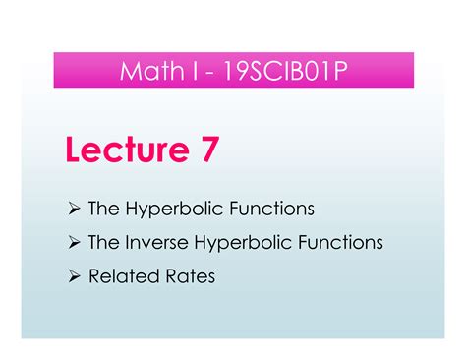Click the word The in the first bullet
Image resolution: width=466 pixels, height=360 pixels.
tap(103, 209)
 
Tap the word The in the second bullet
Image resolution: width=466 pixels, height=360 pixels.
tap(103, 242)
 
